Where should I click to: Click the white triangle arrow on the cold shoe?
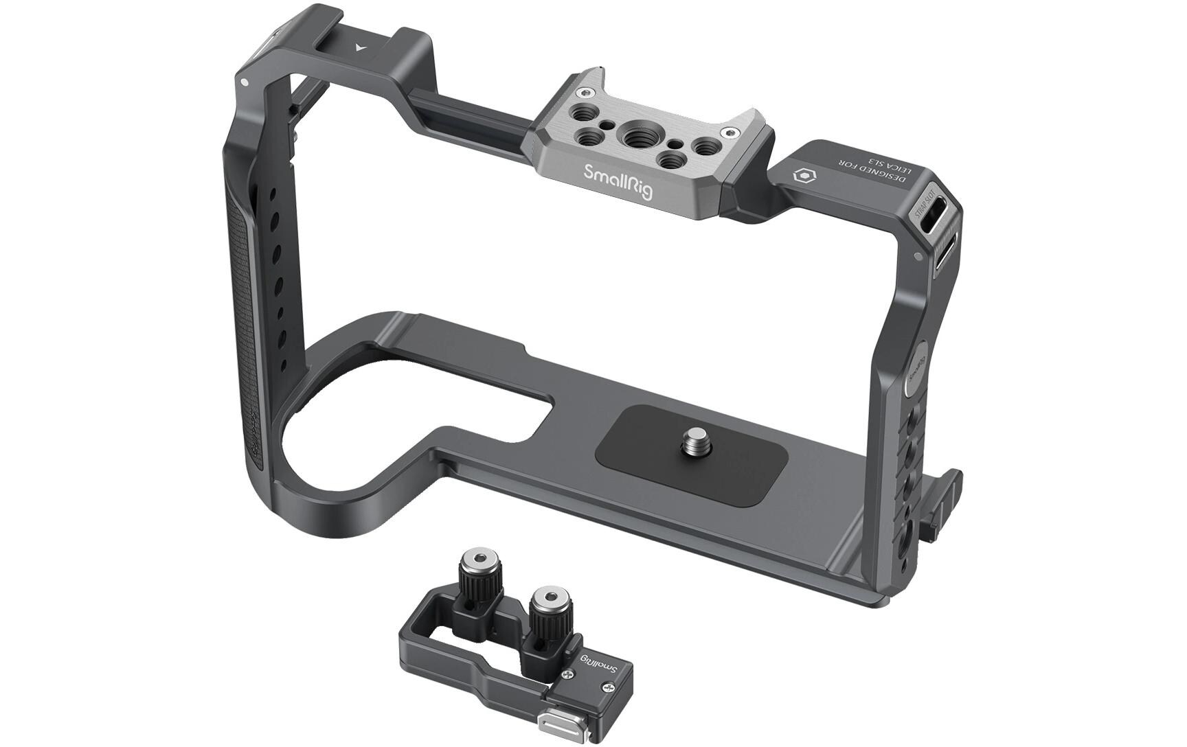359,47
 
